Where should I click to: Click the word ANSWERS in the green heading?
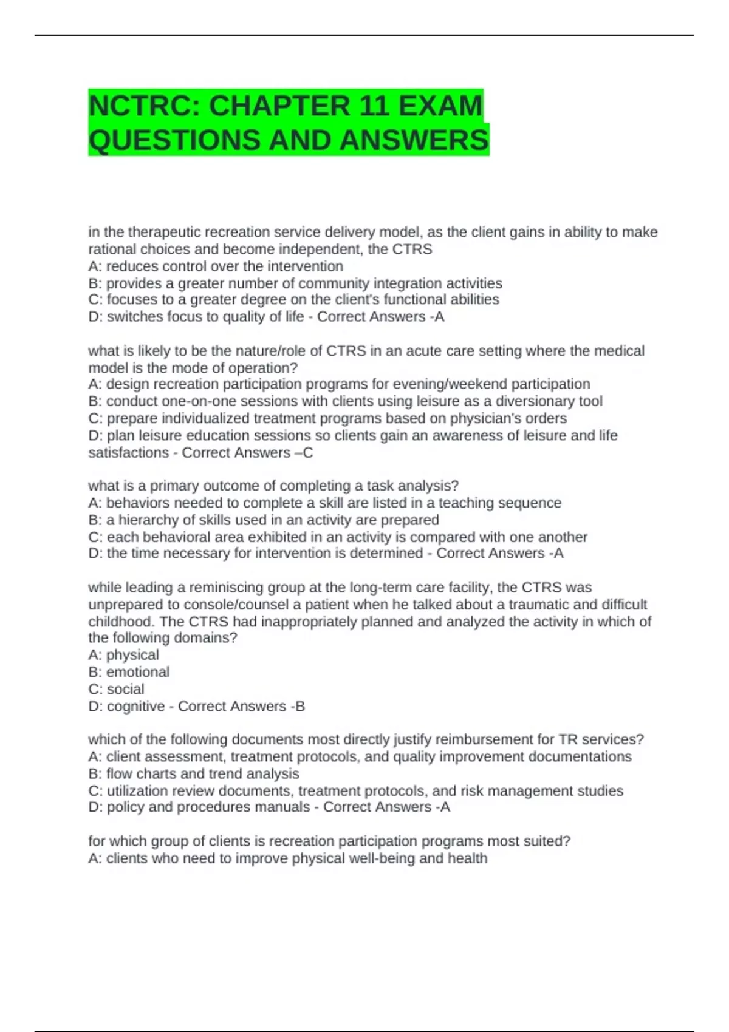click(x=414, y=140)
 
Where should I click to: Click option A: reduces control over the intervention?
click(x=216, y=266)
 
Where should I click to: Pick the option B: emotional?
click(x=129, y=672)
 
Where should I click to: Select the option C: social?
click(x=117, y=689)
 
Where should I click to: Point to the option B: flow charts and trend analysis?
click(x=194, y=774)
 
